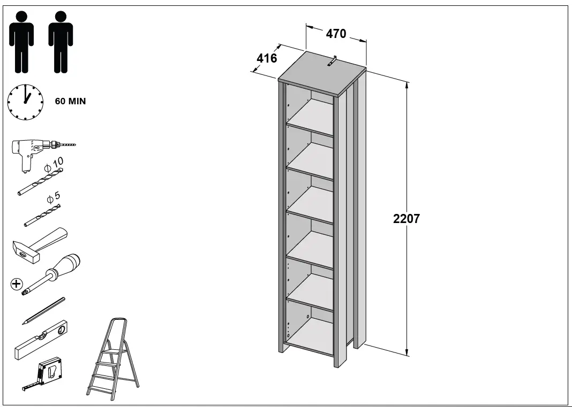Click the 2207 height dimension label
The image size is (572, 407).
[407, 219]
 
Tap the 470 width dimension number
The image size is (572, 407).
[336, 34]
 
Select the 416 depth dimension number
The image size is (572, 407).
[267, 58]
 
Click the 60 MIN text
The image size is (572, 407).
[70, 101]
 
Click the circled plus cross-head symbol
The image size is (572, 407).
[17, 284]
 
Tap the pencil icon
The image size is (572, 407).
[44, 311]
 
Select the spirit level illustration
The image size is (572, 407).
[41, 340]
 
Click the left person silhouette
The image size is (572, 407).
[21, 42]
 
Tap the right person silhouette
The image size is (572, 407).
[61, 42]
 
